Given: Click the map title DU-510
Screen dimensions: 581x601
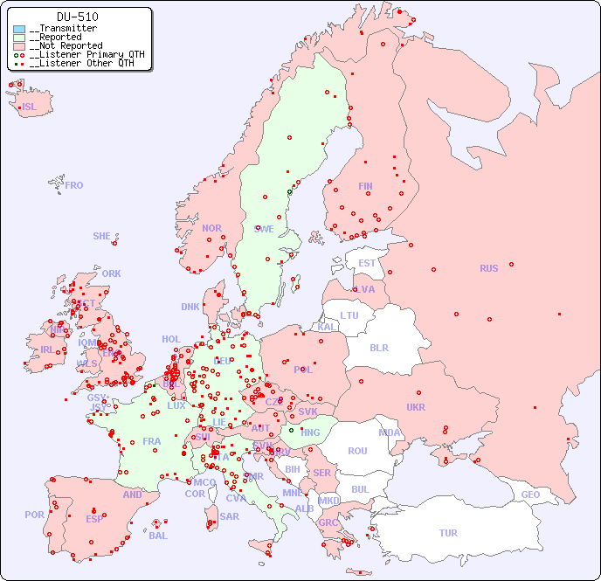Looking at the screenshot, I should [77, 17].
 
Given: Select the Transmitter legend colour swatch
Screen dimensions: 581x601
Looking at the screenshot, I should [19, 29].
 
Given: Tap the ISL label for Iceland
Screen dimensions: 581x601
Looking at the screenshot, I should [29, 107].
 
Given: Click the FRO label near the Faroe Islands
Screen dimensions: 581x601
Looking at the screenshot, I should [74, 185].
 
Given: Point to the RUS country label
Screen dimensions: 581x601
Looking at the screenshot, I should [488, 268].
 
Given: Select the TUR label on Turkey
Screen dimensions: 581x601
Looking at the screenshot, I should [448, 533].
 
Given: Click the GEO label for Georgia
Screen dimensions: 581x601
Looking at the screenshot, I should [530, 495].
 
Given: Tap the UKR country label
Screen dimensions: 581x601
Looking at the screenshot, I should [415, 407].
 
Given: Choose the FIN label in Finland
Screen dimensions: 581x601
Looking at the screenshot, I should [365, 186].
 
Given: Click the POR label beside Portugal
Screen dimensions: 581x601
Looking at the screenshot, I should [34, 515].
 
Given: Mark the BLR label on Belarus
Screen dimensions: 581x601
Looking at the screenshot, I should [378, 347].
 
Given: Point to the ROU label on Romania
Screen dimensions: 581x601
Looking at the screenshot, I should [357, 451].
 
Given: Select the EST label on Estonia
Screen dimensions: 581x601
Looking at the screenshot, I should [367, 263].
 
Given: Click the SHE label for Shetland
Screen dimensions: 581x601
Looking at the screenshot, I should [102, 236].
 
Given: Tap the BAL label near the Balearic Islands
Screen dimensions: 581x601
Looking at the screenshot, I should [157, 536].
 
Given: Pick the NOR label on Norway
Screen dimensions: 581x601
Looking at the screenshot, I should [211, 228].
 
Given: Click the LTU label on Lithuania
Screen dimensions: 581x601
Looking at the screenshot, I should [349, 315].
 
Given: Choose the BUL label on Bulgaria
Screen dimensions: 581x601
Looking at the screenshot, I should [360, 489].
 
